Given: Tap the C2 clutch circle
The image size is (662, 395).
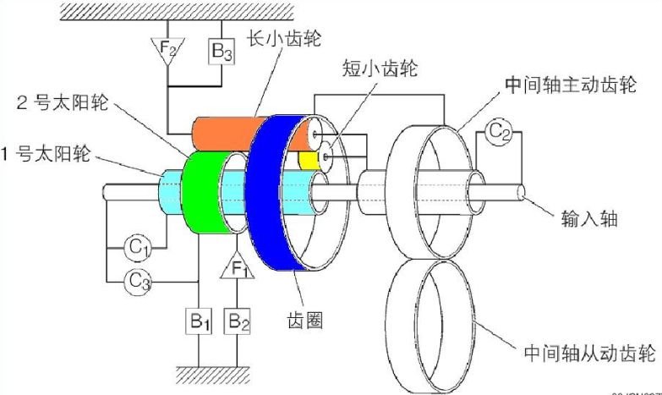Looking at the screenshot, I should [499, 131].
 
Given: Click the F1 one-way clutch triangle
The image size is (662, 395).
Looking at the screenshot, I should [238, 270].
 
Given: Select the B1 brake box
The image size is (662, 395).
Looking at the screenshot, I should [199, 321].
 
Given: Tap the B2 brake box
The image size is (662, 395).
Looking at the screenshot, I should [238, 321].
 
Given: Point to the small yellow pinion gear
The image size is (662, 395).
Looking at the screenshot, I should [306, 158].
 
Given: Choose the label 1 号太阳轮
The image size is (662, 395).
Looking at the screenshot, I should [47, 155].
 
